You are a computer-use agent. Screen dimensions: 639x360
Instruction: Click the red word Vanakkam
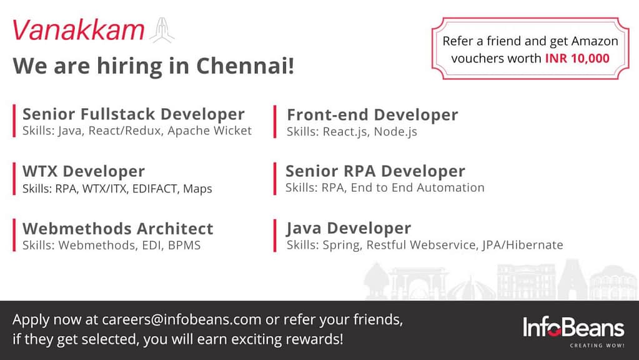pos(78,30)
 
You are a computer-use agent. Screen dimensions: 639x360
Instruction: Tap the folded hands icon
pos(162,31)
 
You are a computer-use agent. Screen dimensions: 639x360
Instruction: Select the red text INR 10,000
pos(577,58)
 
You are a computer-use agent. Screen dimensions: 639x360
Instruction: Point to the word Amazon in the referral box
pos(595,41)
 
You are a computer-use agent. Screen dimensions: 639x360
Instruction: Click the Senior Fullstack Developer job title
pos(133,114)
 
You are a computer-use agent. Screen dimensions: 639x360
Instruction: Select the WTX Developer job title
pos(84,171)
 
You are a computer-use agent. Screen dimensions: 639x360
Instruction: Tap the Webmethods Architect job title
pos(118,229)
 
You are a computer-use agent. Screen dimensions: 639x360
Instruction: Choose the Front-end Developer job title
pos(372,115)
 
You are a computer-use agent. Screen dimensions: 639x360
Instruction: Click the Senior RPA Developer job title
pos(375,171)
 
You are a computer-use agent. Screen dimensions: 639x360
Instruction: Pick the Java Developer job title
pos(349,228)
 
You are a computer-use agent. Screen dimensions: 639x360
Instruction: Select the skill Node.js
pos(395,132)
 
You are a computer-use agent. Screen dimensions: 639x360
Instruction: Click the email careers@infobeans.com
pos(181,319)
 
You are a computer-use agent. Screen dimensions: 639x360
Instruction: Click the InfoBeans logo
pos(573,327)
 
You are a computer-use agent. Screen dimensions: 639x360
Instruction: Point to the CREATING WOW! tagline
pos(597,346)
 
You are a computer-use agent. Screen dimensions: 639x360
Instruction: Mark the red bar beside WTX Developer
pos(14,179)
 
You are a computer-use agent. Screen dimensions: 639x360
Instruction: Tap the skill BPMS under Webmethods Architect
pos(184,245)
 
